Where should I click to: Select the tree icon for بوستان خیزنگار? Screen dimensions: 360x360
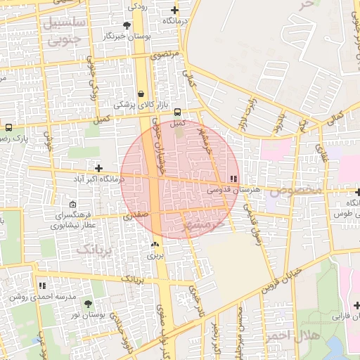(x=127, y=25)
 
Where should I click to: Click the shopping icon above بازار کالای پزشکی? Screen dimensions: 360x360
(x=141, y=94)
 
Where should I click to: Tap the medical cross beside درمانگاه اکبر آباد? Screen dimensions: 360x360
(x=99, y=169)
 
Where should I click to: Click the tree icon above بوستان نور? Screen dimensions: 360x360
(x=88, y=304)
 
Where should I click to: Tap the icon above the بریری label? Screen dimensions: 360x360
(x=155, y=244)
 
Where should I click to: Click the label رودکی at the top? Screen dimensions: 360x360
(x=136, y=6)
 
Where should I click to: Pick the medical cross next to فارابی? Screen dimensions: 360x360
(x=356, y=305)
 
